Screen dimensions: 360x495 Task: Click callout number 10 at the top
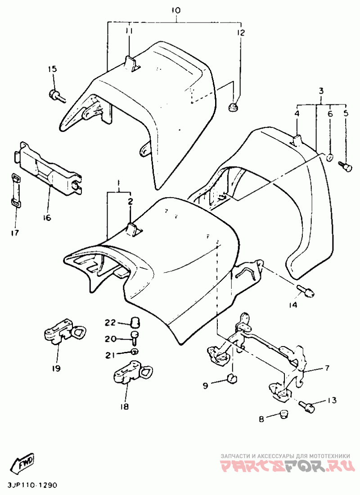point(176,10)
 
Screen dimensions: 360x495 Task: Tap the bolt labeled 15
point(58,96)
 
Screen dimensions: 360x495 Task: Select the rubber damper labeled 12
point(234,106)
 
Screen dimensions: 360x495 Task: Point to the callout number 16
point(47,217)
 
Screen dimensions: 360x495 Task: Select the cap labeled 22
point(135,323)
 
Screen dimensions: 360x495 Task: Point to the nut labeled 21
point(135,351)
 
